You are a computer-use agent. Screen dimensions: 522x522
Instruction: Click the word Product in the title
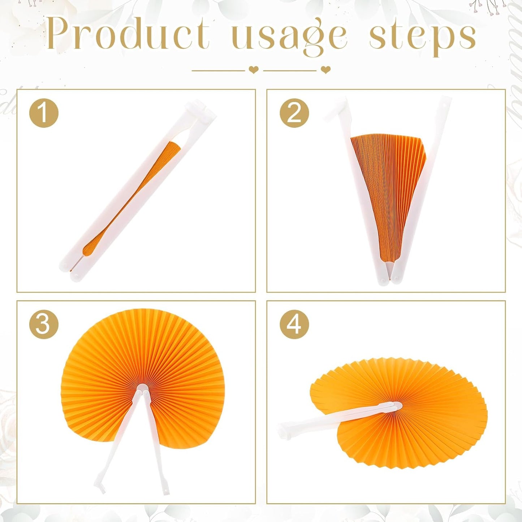point(129,33)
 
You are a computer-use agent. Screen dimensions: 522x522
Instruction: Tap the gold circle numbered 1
point(44,113)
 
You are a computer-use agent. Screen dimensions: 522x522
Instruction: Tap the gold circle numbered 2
point(294,113)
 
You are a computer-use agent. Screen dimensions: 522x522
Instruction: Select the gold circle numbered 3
point(44,325)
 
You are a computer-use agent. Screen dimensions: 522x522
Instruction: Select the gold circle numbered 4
point(294,325)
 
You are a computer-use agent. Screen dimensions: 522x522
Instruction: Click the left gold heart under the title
point(254,70)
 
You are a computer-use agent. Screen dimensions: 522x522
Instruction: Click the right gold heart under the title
point(325,70)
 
